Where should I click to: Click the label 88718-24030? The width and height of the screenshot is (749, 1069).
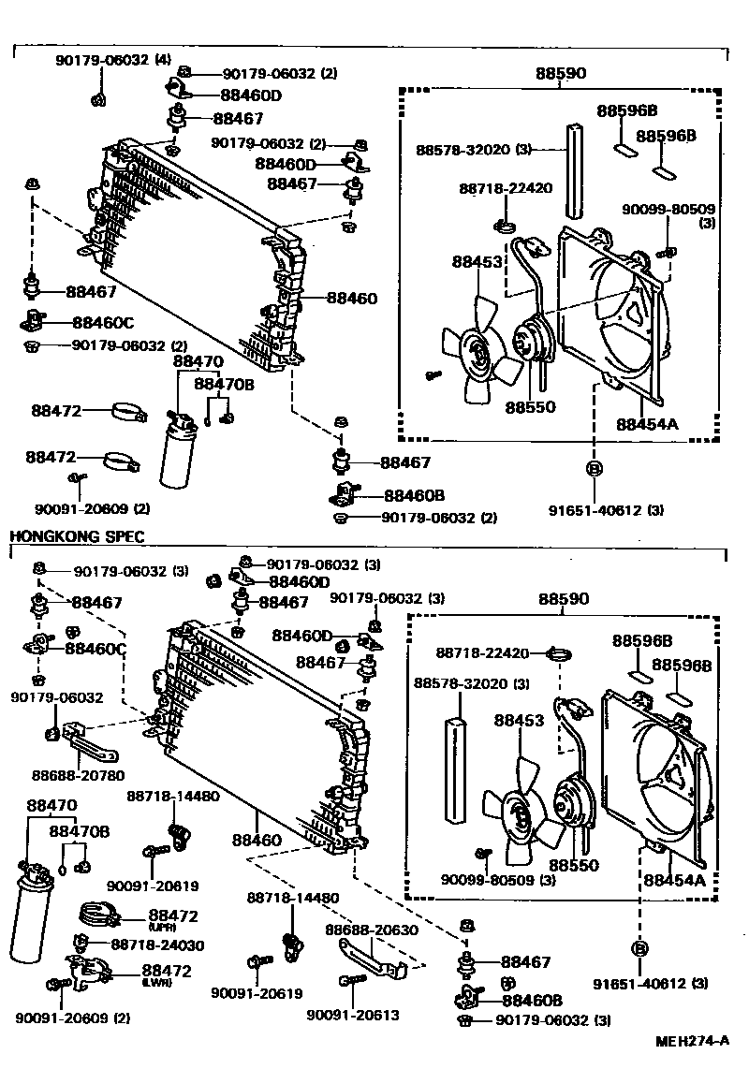tap(157, 945)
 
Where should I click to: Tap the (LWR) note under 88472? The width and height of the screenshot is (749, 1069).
tap(155, 983)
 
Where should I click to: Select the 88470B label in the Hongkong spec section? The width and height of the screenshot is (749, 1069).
tap(80, 831)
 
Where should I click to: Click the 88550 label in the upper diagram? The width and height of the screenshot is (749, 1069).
tap(531, 407)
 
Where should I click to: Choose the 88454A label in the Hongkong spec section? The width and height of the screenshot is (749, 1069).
tap(674, 879)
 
